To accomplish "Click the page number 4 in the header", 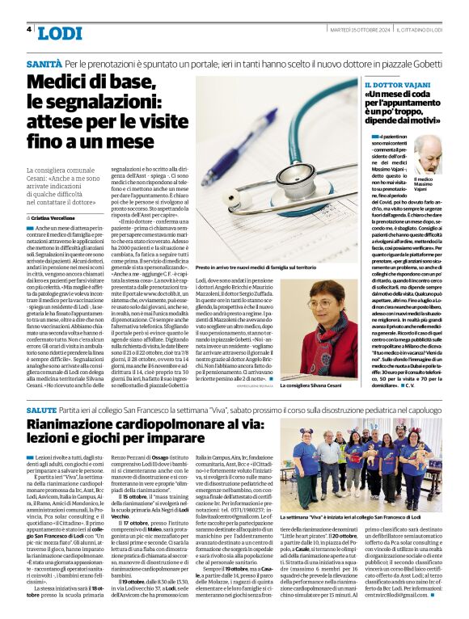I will click(29, 30).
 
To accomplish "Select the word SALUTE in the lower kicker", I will click(41, 411).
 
